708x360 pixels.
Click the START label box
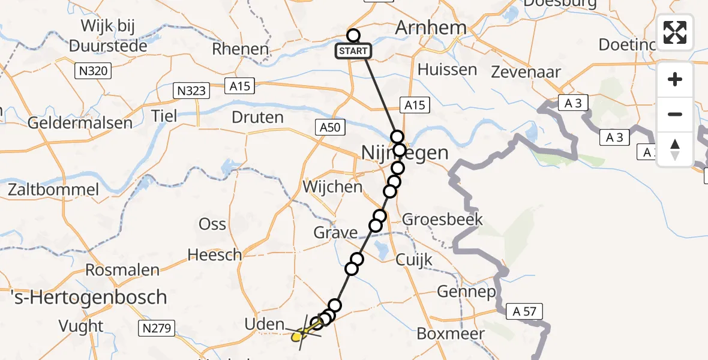point(353,51)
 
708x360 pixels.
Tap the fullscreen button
point(675,32)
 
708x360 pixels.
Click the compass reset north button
point(675,149)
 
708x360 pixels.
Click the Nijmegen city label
point(405,153)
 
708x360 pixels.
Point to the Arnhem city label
point(431,28)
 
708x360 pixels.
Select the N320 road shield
point(93,71)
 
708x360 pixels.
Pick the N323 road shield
point(192,91)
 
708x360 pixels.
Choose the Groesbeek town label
point(442,219)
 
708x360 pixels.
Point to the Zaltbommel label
point(53,190)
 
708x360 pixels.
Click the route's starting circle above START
point(353,36)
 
